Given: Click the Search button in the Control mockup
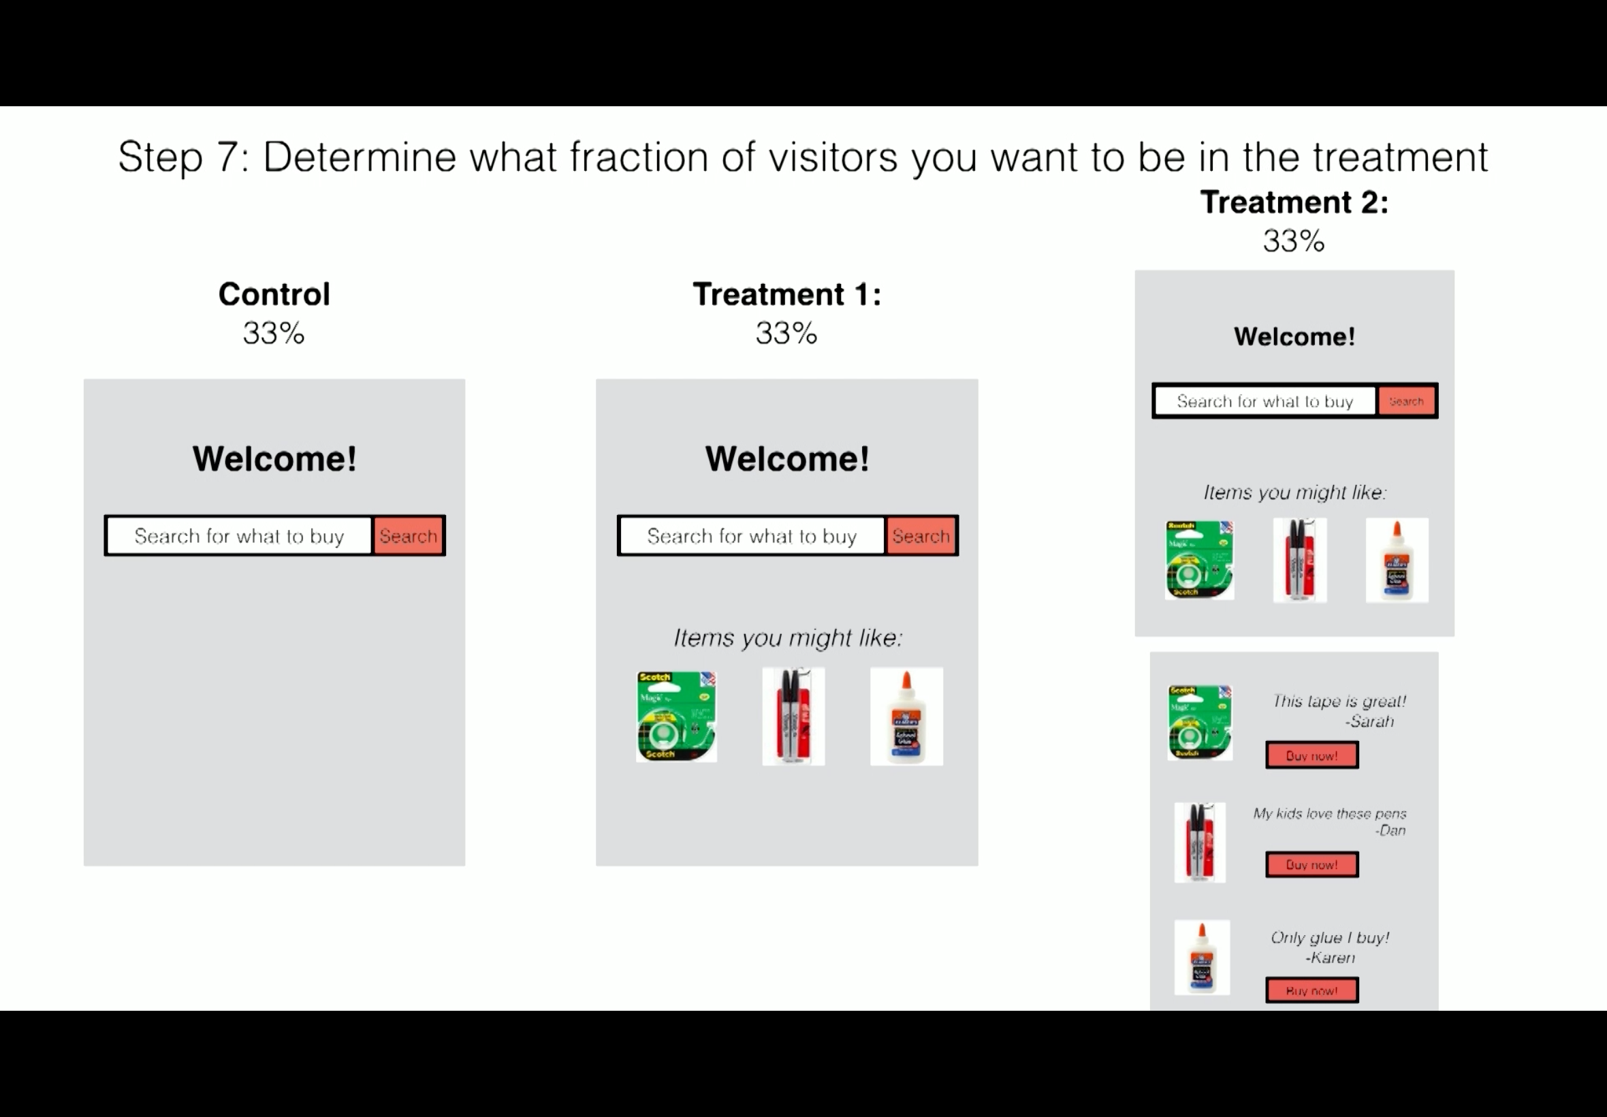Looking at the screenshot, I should (x=409, y=536).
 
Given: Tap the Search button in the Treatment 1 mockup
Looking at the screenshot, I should (x=921, y=536).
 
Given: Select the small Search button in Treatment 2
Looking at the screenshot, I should (x=1406, y=401).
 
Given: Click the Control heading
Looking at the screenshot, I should (x=274, y=294).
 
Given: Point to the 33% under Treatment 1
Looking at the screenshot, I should (x=786, y=333).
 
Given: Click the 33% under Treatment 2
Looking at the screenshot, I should (x=1294, y=240).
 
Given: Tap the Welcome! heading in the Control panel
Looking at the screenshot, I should (x=274, y=459).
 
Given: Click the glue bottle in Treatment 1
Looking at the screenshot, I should (x=906, y=716).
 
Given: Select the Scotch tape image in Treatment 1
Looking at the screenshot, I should (x=675, y=716).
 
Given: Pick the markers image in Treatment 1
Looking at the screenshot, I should (x=793, y=716).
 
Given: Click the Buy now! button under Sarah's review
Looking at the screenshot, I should (x=1311, y=755).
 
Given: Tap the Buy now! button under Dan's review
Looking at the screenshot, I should (x=1311, y=864).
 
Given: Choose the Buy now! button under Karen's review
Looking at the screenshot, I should (x=1311, y=990).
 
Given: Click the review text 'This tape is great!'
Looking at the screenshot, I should (x=1339, y=702).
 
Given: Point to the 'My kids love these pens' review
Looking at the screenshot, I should (x=1329, y=813).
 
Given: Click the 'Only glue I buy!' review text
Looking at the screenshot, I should (x=1330, y=938).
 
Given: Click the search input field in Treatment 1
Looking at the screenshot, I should (x=752, y=536).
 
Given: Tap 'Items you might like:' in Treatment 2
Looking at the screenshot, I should (x=1294, y=492).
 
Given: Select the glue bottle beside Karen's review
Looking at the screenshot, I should (x=1202, y=957).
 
